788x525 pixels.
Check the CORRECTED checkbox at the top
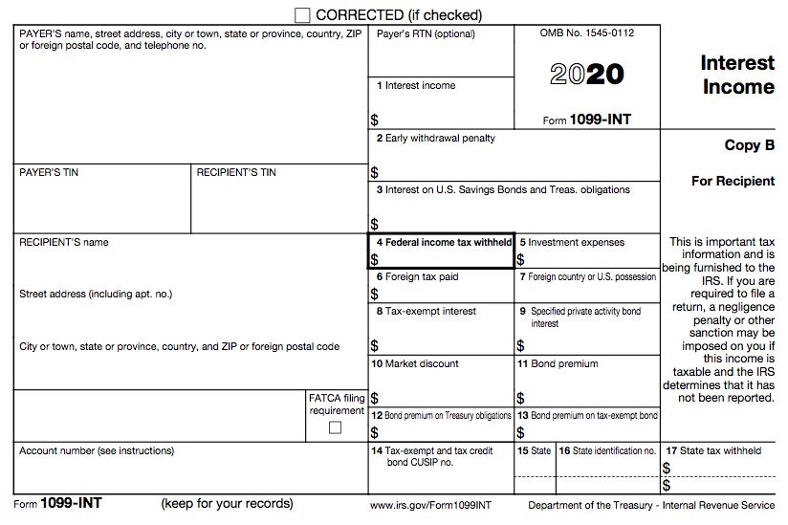tap(303, 15)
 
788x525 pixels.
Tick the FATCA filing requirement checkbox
tap(335, 427)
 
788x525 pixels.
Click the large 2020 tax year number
tap(587, 75)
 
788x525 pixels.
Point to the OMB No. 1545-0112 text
tap(586, 33)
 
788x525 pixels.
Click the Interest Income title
tap(737, 75)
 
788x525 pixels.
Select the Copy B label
tap(749, 145)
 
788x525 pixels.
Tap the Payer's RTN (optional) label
tap(426, 33)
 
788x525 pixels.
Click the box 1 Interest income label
tap(416, 86)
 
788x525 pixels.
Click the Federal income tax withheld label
tap(444, 243)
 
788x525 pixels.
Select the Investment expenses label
tap(572, 243)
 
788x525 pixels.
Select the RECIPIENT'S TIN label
tap(236, 172)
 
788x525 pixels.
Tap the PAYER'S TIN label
tap(49, 172)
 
